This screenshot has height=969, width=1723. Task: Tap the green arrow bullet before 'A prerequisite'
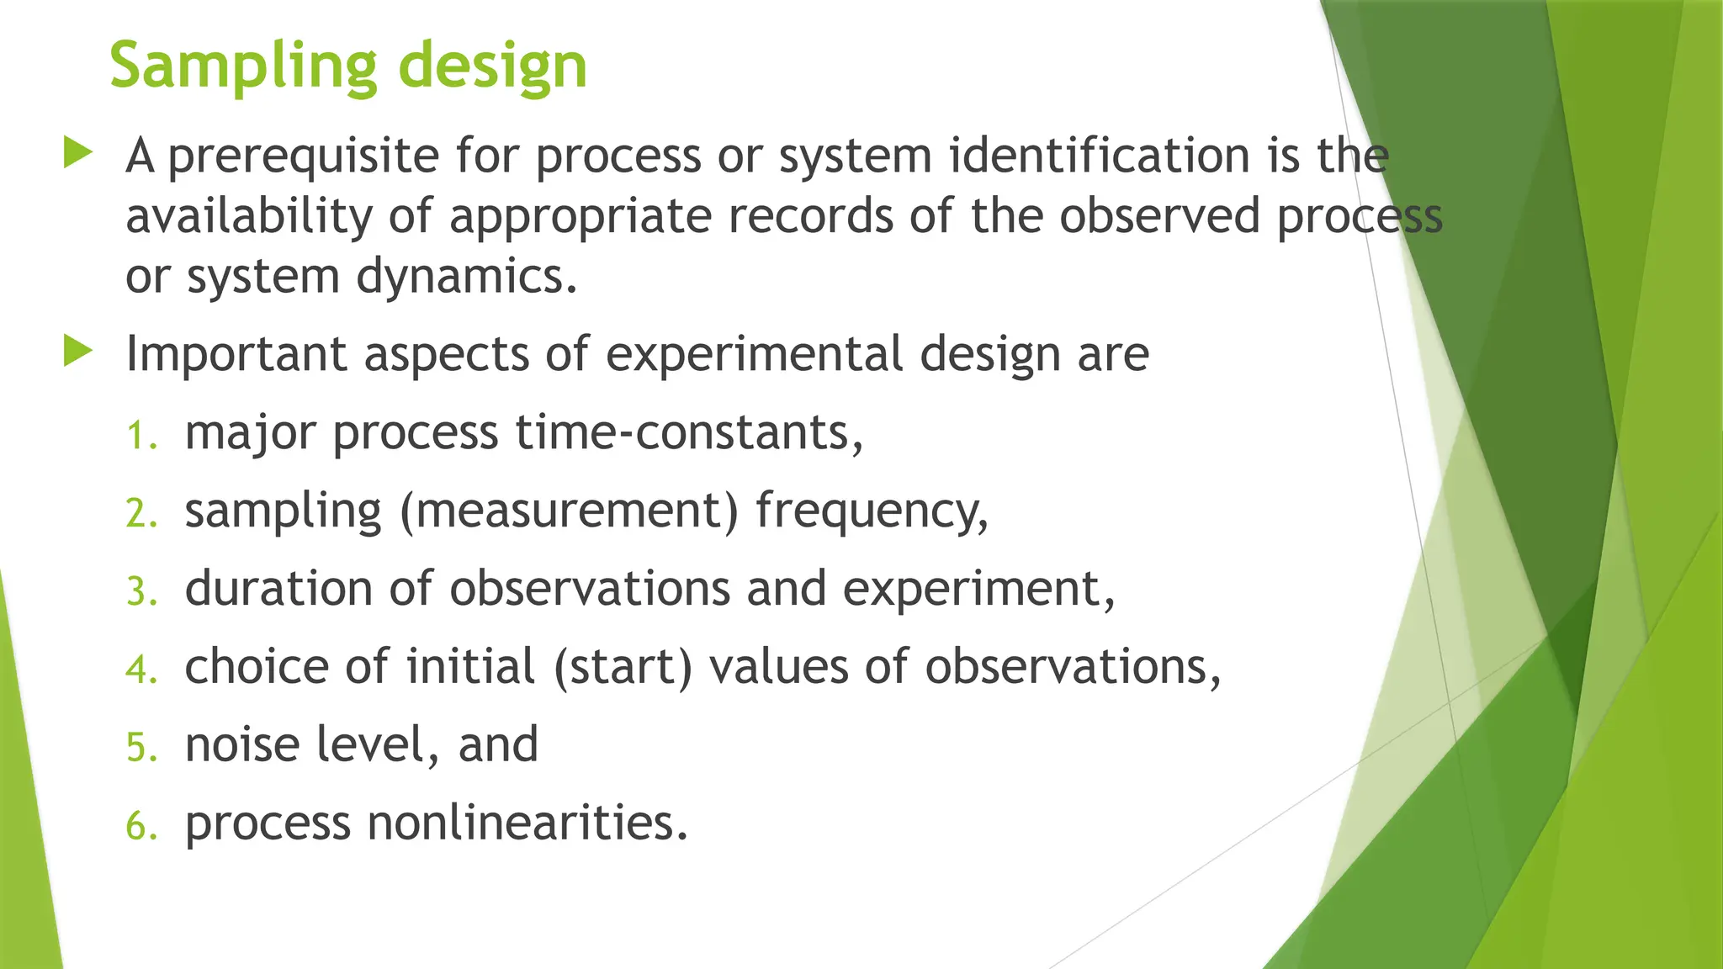click(x=77, y=154)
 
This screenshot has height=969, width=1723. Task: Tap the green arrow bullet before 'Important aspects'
click(x=77, y=352)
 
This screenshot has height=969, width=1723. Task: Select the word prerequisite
click(x=303, y=157)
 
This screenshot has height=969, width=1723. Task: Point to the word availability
click(x=248, y=216)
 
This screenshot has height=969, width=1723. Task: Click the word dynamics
click(x=467, y=277)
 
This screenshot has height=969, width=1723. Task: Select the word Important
click(x=236, y=353)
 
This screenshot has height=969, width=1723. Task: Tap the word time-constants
click(x=689, y=432)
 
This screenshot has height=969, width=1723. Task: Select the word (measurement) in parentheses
click(x=569, y=511)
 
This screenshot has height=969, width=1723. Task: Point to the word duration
click(x=278, y=588)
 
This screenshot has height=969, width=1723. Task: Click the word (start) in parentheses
click(x=623, y=667)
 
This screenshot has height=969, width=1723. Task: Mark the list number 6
click(x=141, y=826)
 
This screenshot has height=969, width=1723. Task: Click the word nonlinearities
click(x=528, y=823)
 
